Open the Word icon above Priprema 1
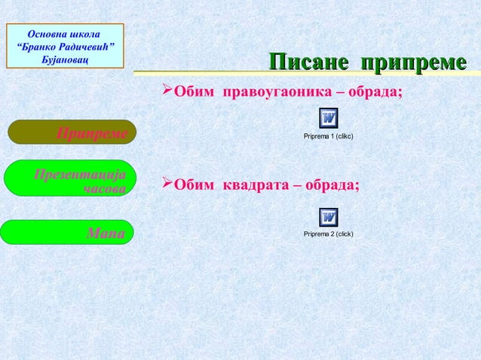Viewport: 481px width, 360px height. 328,119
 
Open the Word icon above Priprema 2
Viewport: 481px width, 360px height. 328,217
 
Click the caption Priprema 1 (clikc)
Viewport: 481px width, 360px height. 328,136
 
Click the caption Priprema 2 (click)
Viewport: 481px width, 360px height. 328,234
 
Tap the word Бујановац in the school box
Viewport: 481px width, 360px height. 66,59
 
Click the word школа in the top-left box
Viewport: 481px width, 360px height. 84,33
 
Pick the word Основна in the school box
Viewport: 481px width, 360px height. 47,33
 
